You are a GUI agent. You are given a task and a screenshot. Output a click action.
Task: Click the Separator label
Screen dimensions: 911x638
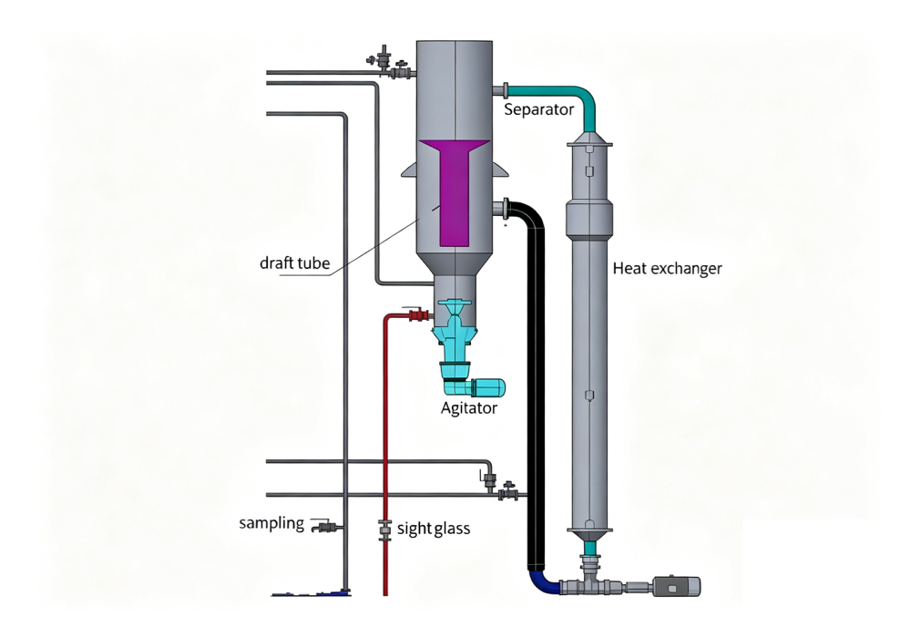click(x=538, y=109)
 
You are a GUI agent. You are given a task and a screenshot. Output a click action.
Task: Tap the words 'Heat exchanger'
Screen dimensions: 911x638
click(x=667, y=269)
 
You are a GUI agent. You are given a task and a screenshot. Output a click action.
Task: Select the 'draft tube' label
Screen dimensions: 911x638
click(x=294, y=263)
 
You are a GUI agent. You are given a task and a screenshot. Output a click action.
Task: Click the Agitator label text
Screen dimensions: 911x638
click(x=469, y=408)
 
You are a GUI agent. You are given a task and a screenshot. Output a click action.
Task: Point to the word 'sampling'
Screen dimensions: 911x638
click(x=271, y=523)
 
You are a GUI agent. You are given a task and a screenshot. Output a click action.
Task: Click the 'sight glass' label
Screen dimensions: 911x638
click(x=434, y=529)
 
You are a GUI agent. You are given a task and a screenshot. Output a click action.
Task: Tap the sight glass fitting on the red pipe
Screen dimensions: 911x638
click(x=384, y=530)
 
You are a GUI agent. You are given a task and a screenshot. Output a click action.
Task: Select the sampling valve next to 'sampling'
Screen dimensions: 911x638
click(x=325, y=527)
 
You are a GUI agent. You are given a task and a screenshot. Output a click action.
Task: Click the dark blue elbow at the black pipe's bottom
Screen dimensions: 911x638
click(x=541, y=581)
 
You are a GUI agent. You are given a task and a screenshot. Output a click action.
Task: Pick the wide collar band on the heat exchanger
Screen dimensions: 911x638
click(x=589, y=219)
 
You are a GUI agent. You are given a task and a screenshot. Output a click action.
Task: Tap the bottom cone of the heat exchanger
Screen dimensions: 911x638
click(x=589, y=535)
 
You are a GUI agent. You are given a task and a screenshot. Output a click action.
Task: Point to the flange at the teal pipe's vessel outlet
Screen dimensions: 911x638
click(x=506, y=90)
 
